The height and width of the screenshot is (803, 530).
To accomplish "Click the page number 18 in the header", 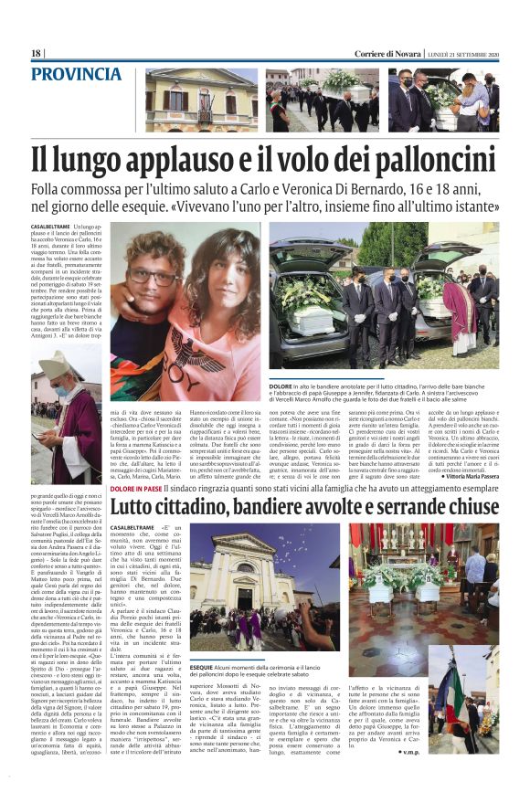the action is [37, 54].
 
